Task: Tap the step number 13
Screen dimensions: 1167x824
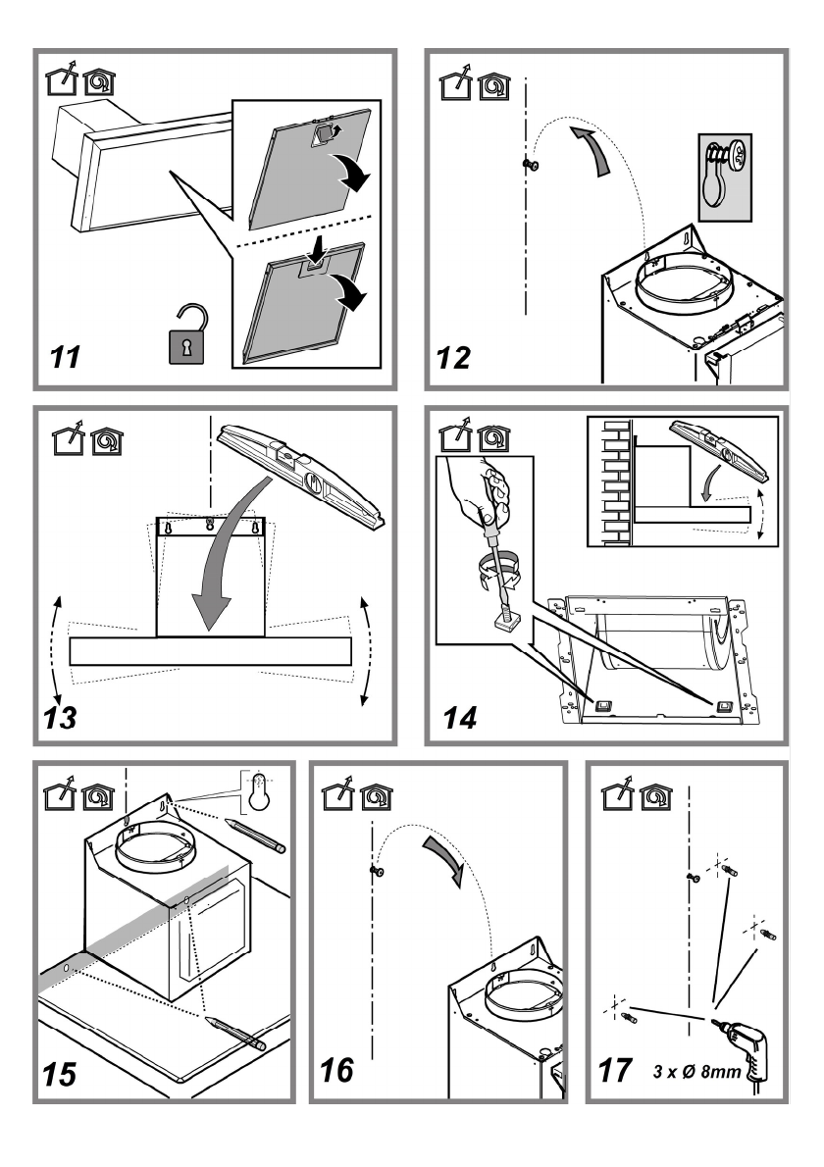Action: click(x=61, y=720)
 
